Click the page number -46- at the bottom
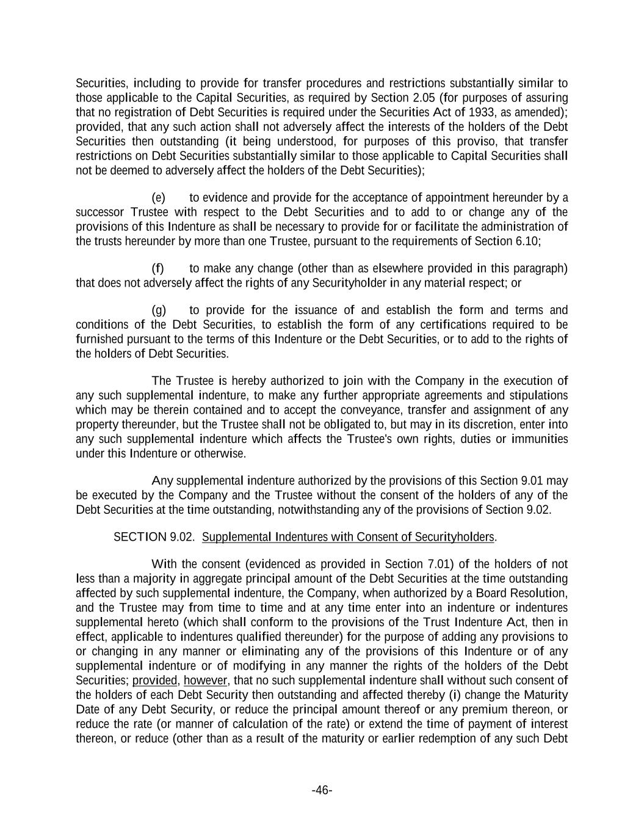tap(322, 791)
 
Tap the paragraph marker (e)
tap(158, 198)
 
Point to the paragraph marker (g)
tap(158, 310)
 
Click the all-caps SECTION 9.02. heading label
tap(154, 537)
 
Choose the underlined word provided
tap(154, 681)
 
